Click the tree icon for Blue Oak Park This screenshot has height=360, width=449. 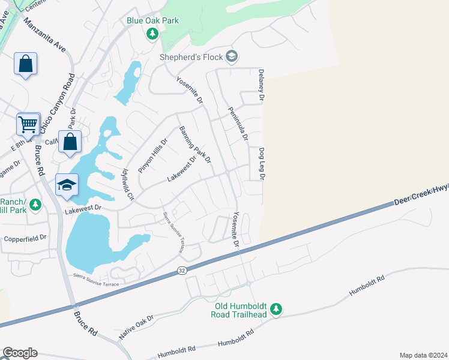pyautogui.click(x=152, y=34)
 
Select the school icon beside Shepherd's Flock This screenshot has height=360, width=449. pyautogui.click(x=232, y=57)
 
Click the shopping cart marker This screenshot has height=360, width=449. pyautogui.click(x=28, y=125)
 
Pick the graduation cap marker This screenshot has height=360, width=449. pyautogui.click(x=67, y=185)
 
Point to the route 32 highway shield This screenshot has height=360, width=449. pyautogui.click(x=182, y=271)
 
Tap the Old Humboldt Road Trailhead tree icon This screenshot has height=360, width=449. pyautogui.click(x=276, y=309)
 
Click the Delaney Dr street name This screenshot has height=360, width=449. pyautogui.click(x=261, y=84)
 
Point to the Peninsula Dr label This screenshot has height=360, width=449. pyautogui.click(x=238, y=124)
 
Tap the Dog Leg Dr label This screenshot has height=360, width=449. pyautogui.click(x=262, y=164)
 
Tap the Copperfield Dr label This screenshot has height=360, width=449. pyautogui.click(x=25, y=238)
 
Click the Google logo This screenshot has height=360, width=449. pyautogui.click(x=20, y=353)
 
